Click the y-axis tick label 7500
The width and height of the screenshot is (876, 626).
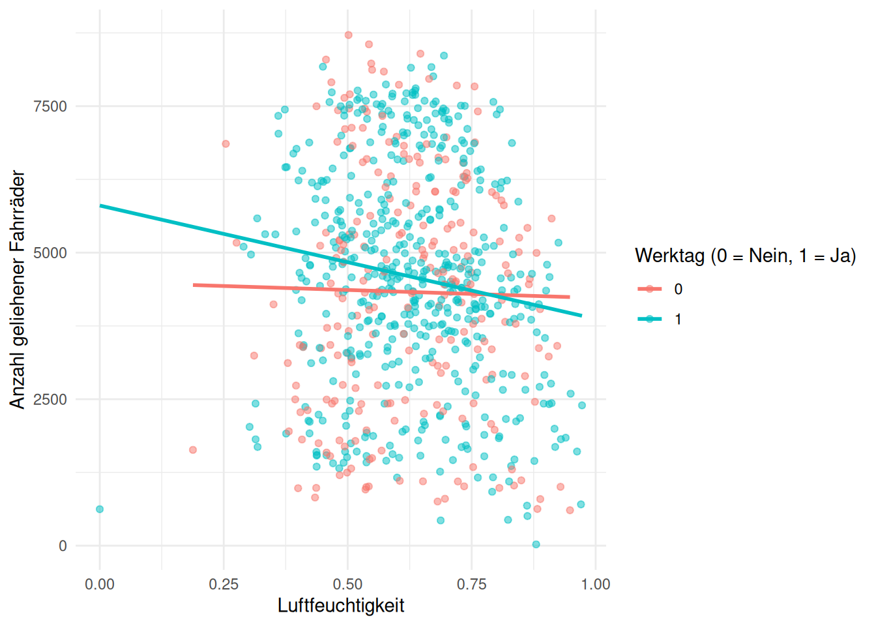tap(50, 106)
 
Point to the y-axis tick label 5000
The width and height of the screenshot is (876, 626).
tap(50, 253)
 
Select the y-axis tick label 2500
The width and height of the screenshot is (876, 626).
tap(50, 400)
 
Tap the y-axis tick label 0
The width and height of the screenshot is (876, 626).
tap(63, 546)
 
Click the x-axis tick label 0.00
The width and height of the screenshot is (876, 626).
tap(100, 584)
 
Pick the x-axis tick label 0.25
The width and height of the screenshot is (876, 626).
tap(224, 584)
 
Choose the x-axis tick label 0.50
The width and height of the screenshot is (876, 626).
tap(347, 584)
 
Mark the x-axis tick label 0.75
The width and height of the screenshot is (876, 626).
tap(471, 584)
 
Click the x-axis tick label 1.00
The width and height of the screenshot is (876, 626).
tap(595, 584)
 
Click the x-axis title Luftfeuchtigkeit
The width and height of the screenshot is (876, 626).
tap(341, 606)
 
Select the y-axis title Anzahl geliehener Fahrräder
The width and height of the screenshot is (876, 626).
tap(18, 290)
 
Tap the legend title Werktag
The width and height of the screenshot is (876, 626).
tap(745, 256)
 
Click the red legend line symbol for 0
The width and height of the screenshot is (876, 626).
tap(649, 289)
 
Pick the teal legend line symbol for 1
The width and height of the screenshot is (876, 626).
tap(649, 319)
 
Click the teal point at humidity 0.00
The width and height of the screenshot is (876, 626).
tap(100, 509)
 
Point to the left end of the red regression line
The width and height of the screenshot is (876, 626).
tap(194, 285)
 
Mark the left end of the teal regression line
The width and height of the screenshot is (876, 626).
tap(100, 206)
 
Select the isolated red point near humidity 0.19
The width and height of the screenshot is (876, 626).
tap(193, 450)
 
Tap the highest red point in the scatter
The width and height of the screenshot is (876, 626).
tap(348, 35)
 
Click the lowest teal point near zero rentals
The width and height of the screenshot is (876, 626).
tap(536, 544)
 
